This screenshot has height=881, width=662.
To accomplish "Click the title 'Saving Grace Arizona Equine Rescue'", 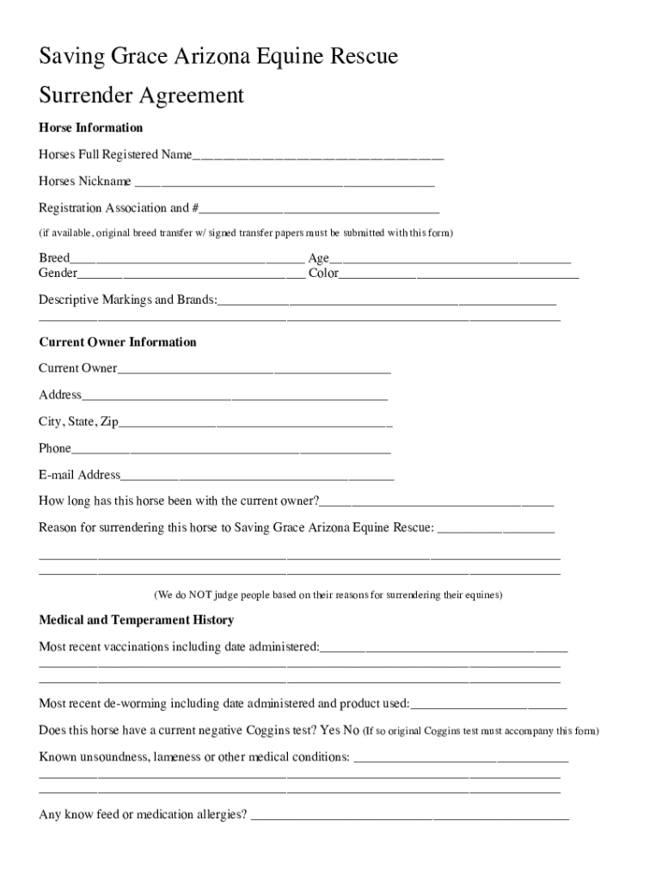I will pos(218,58).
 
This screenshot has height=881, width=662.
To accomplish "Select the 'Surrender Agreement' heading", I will pos(141,95).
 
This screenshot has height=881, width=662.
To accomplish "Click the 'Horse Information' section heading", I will pos(90,127).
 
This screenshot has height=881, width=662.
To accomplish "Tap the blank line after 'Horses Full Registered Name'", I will pos(318,157).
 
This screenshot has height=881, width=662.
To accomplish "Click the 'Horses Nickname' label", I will pos(85,182).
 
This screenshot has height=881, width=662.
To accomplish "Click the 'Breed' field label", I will pos(54,258).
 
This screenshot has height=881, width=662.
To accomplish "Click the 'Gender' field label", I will pos(58,274).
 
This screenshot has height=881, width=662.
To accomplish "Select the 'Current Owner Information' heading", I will pos(118,342).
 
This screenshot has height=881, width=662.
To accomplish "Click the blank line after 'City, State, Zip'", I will pos(256,423).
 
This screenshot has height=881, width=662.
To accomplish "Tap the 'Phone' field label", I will pos(55,448).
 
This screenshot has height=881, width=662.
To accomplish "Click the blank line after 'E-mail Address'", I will pos(257,476).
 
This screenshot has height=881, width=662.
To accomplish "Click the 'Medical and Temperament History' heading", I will pos(136,619).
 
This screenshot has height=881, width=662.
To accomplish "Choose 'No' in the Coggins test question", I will pos(351,730).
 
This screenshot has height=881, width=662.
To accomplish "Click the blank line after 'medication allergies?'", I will pos(409,816).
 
